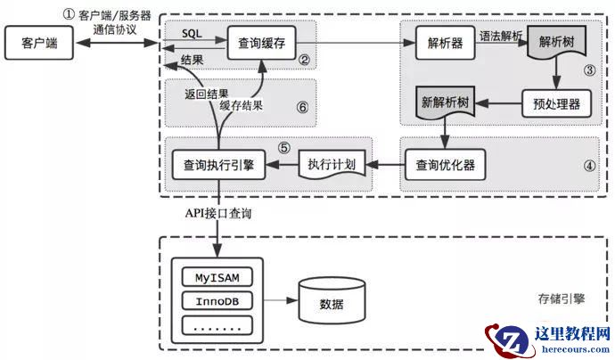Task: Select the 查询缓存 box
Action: (x=261, y=42)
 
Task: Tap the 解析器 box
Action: (x=443, y=42)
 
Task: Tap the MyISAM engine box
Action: (x=217, y=276)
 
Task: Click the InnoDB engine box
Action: (x=217, y=301)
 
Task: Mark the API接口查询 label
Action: (x=221, y=215)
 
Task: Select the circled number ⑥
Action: (x=302, y=107)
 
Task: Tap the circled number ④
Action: (x=590, y=165)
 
